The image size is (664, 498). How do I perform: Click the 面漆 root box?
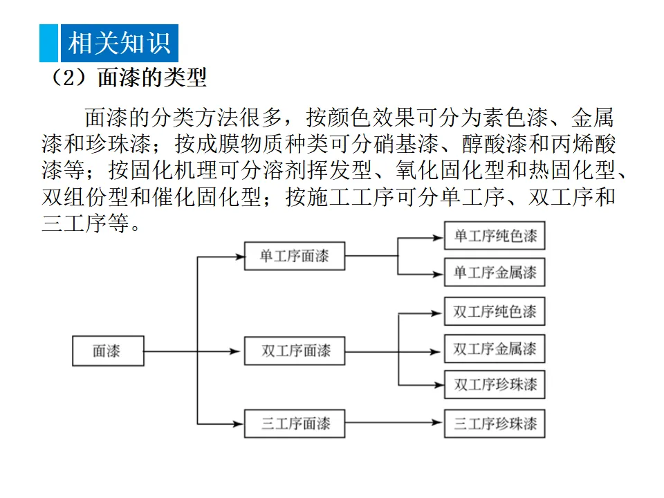pos(108,351)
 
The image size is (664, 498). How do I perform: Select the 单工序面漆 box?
pos(295,257)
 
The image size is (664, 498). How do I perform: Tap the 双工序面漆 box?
pos(295,351)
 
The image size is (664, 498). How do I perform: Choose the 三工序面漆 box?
pos(295,423)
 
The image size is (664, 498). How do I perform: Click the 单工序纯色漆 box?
pos(495,236)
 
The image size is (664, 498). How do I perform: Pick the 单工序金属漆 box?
pos(495,273)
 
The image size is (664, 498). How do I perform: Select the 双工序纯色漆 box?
pos(495,312)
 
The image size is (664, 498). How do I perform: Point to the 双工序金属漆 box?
pos(495,349)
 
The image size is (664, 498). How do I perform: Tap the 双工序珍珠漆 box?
pos(495,385)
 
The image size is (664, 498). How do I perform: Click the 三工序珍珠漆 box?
pos(495,423)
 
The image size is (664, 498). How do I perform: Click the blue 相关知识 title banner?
pos(118,43)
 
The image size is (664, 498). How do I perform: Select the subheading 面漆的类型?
pos(152,78)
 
